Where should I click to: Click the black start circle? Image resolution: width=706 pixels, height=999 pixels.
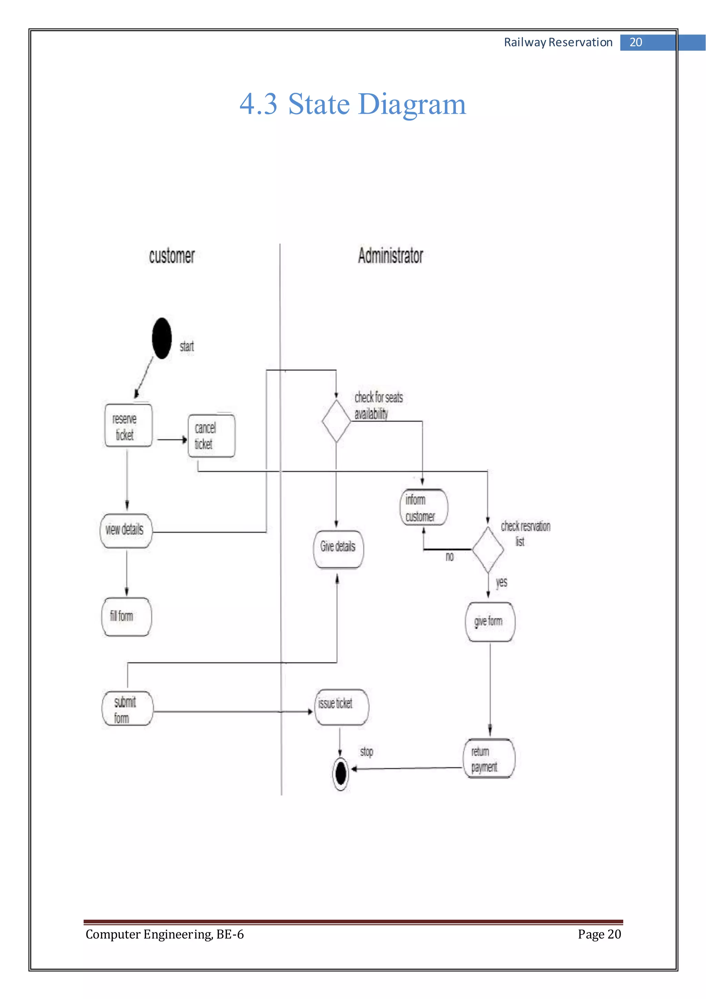[x=162, y=338]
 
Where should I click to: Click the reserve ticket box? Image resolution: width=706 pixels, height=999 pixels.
[x=128, y=426]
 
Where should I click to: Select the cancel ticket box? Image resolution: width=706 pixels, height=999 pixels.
[x=211, y=436]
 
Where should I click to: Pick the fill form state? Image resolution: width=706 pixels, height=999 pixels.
[x=127, y=616]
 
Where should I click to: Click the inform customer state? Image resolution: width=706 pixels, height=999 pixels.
[x=423, y=507]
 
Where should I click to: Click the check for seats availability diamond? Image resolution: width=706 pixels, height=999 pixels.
[x=336, y=421]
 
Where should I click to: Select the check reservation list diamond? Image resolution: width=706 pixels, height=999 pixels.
[x=488, y=550]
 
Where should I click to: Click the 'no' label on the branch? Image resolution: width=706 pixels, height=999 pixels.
[x=450, y=556]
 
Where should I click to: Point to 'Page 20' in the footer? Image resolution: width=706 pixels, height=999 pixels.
[x=599, y=934]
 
